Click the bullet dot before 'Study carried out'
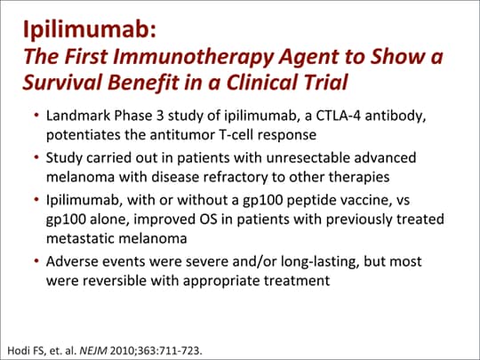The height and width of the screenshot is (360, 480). tap(36, 158)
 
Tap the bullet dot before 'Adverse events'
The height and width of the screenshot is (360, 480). tap(36, 263)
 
